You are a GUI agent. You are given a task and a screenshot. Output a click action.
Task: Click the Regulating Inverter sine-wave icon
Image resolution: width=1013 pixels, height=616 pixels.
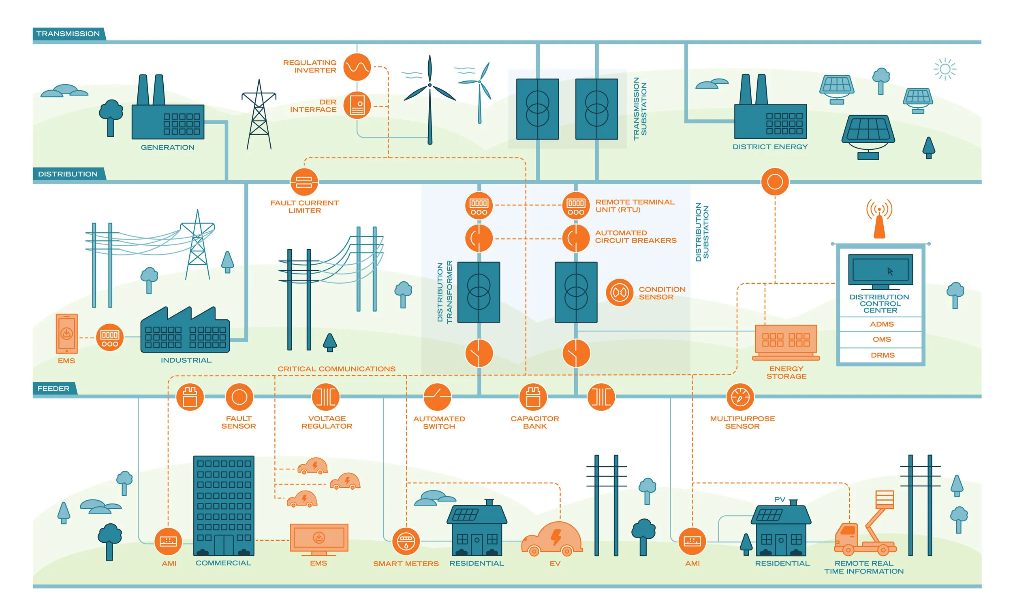pyautogui.click(x=357, y=67)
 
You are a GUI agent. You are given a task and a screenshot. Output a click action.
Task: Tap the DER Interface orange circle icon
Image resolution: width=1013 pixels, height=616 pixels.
pyautogui.click(x=357, y=106)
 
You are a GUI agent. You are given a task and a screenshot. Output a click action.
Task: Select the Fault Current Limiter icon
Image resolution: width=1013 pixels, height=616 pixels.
pyautogui.click(x=304, y=182)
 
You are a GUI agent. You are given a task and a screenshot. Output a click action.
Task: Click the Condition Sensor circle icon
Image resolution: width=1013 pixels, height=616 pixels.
pyautogui.click(x=619, y=292)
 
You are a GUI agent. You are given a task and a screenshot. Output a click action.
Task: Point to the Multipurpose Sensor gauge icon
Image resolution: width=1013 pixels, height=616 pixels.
pyautogui.click(x=740, y=397)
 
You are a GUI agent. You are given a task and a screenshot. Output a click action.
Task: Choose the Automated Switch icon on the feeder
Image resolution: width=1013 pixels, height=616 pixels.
pyautogui.click(x=437, y=397)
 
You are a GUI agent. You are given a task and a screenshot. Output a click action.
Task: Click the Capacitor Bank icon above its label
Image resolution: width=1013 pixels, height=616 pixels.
pyautogui.click(x=533, y=397)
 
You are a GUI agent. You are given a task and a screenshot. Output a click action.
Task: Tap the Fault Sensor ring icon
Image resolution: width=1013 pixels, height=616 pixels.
pyautogui.click(x=239, y=397)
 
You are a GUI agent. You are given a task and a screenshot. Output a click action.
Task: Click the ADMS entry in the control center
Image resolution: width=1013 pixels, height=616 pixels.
pyautogui.click(x=881, y=324)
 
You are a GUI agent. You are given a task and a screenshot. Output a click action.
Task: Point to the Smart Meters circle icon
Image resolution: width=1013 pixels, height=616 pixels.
pyautogui.click(x=406, y=541)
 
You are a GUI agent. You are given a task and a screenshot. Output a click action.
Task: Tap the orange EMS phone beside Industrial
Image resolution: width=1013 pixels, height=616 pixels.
pyautogui.click(x=66, y=333)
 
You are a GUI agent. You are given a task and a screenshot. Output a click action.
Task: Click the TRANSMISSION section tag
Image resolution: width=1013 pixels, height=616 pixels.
pyautogui.click(x=68, y=34)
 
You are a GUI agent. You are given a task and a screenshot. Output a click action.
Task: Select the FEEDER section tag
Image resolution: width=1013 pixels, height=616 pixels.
pyautogui.click(x=53, y=389)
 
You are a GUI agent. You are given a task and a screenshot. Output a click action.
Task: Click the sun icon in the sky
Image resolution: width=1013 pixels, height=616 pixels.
pyautogui.click(x=945, y=69)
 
